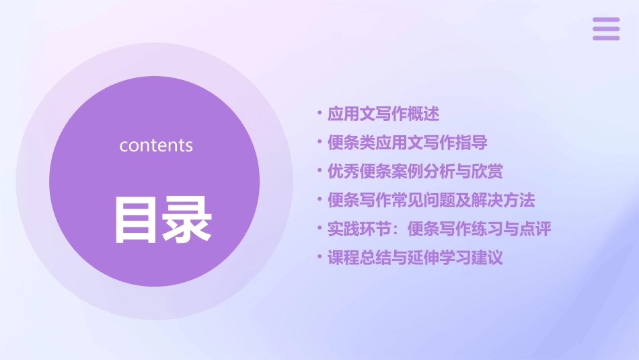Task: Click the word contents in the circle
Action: click(156, 145)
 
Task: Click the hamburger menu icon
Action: click(606, 29)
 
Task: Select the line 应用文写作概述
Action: click(383, 114)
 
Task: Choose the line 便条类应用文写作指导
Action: click(408, 143)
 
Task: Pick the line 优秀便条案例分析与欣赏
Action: click(415, 172)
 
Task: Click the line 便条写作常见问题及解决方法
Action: click(431, 200)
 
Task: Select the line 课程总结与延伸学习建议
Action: click(415, 258)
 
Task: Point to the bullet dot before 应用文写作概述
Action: click(320, 114)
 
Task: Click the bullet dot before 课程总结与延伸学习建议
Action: click(320, 257)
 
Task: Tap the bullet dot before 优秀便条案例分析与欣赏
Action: click(320, 171)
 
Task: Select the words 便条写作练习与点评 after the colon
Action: click(479, 229)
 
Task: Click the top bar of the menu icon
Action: click(606, 20)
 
